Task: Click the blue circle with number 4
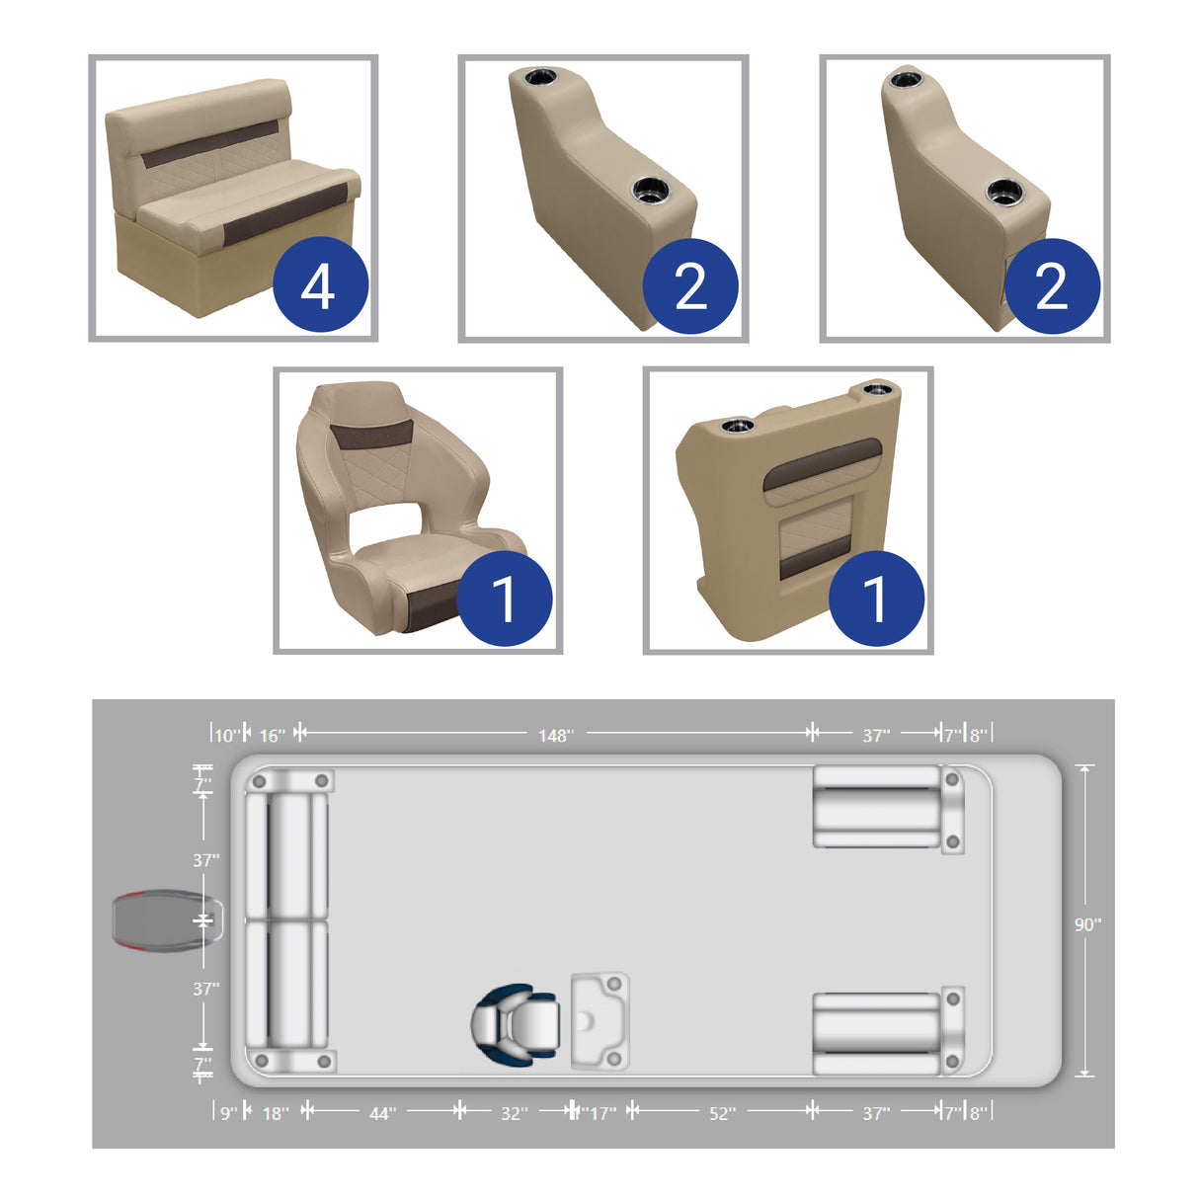tap(320, 286)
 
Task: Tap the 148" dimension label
tap(555, 736)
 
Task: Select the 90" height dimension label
tap(1087, 924)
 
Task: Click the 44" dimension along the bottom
tap(382, 1113)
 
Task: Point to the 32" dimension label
tap(514, 1113)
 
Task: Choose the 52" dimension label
tap(722, 1113)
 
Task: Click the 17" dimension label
tap(602, 1113)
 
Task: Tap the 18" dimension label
tap(276, 1113)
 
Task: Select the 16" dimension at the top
tap(272, 736)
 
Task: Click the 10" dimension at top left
tap(226, 736)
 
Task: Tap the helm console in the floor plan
tap(599, 1022)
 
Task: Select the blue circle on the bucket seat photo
tap(504, 599)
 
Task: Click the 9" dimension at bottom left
tap(228, 1113)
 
